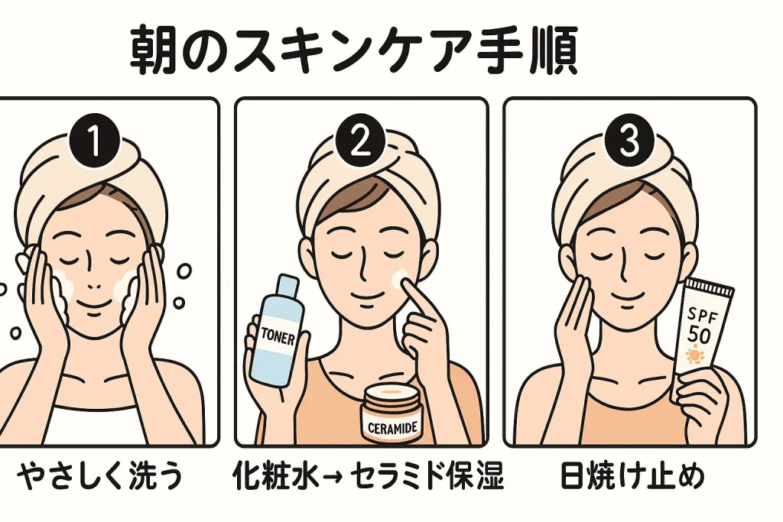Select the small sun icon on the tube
695,357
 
